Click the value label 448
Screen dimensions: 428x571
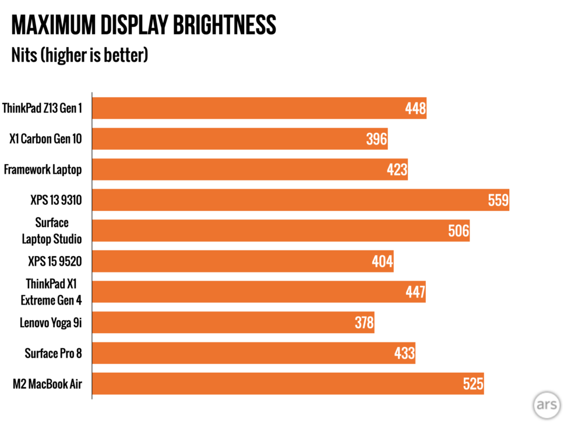click(415, 108)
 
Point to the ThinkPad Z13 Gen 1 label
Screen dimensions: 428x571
click(42, 108)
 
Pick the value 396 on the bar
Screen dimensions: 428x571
click(376, 139)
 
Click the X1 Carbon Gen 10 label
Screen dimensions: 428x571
click(45, 139)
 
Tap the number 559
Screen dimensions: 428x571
click(498, 200)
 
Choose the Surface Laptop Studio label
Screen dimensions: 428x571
click(51, 231)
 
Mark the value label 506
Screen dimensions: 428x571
click(459, 231)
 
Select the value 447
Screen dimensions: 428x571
click(415, 292)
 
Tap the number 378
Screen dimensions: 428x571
click(364, 323)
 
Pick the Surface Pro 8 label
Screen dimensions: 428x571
click(53, 353)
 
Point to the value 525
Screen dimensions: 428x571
click(473, 384)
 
